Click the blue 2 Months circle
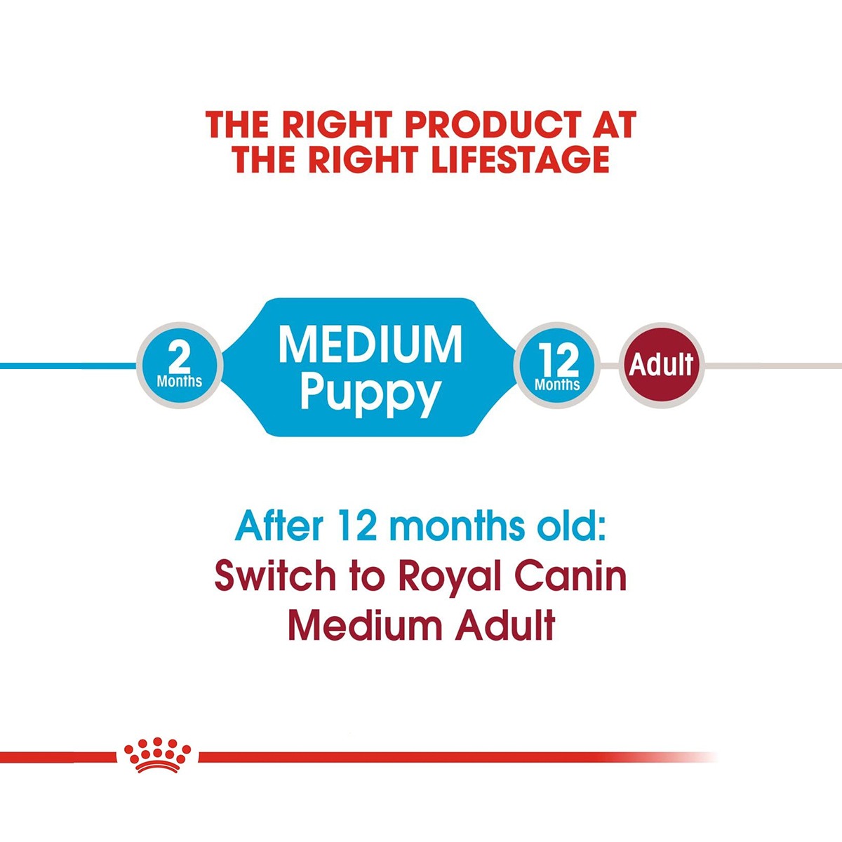pyautogui.click(x=180, y=366)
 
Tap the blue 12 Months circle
pyautogui.click(x=558, y=366)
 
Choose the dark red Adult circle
pyautogui.click(x=661, y=366)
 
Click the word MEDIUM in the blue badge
pyautogui.click(x=370, y=345)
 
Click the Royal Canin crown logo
pyautogui.click(x=157, y=755)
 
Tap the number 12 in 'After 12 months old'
pyautogui.click(x=357, y=526)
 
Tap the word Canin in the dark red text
pyautogui.click(x=570, y=577)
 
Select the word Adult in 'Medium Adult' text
pyautogui.click(x=505, y=626)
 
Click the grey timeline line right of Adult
pyautogui.click(x=772, y=366)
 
